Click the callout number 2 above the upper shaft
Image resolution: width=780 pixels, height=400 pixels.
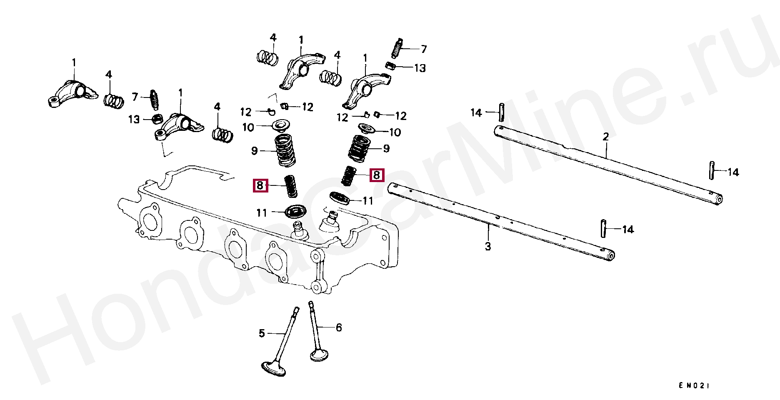(606, 137)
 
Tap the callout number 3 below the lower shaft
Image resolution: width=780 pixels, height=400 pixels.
(488, 246)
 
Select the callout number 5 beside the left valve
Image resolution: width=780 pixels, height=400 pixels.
(262, 333)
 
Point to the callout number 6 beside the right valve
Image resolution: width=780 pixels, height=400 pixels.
(339, 327)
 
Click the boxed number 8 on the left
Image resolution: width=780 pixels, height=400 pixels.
(260, 185)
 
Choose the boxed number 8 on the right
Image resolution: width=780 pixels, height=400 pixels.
(377, 175)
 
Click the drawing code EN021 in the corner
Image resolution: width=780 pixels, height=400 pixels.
(693, 385)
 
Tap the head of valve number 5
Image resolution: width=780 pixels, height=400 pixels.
(273, 368)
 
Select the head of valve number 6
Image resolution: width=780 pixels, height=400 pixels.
(319, 355)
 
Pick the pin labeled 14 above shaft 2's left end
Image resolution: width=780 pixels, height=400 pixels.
(502, 112)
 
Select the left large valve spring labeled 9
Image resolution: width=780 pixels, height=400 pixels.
(285, 150)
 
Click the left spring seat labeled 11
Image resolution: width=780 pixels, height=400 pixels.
(295, 211)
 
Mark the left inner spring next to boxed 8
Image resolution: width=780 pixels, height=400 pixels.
(291, 186)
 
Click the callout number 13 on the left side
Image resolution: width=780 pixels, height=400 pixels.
(134, 120)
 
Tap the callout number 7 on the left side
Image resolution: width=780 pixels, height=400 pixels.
(135, 97)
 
